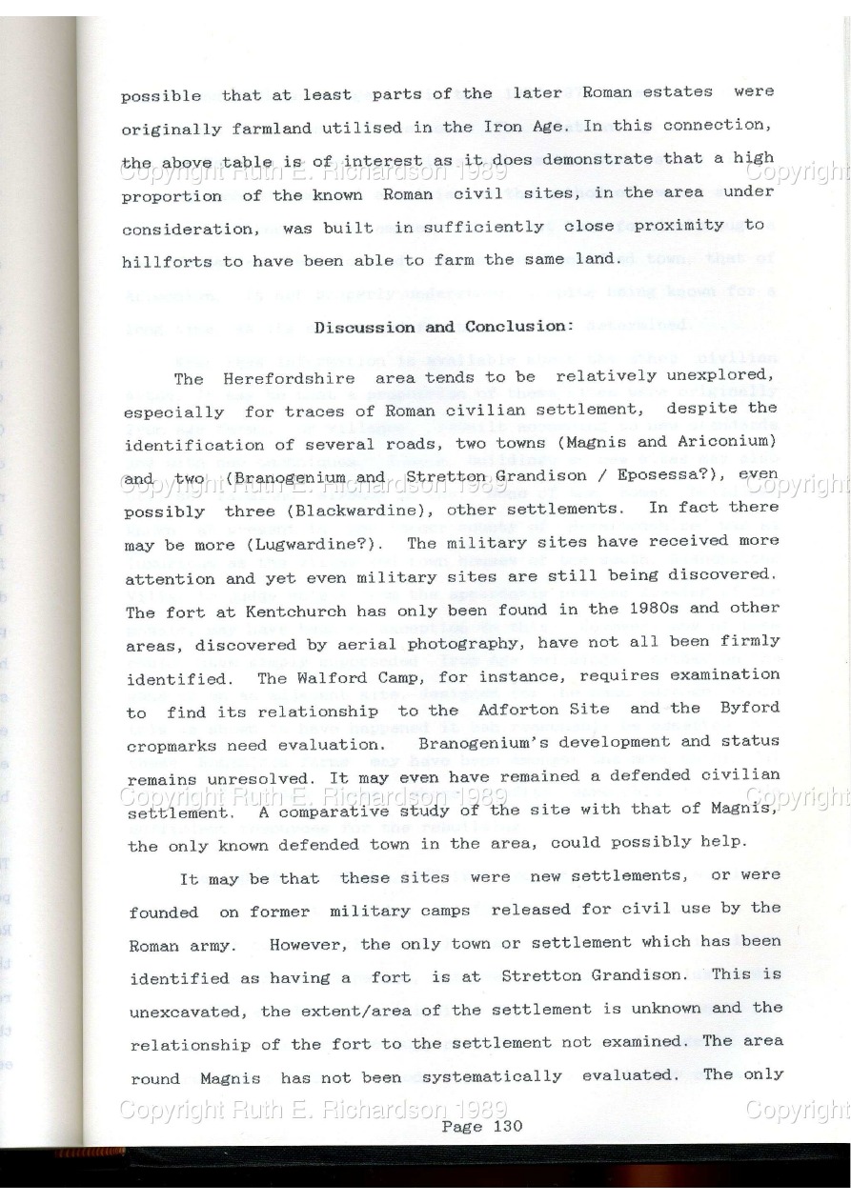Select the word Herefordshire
[269, 377]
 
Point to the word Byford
[749, 707]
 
